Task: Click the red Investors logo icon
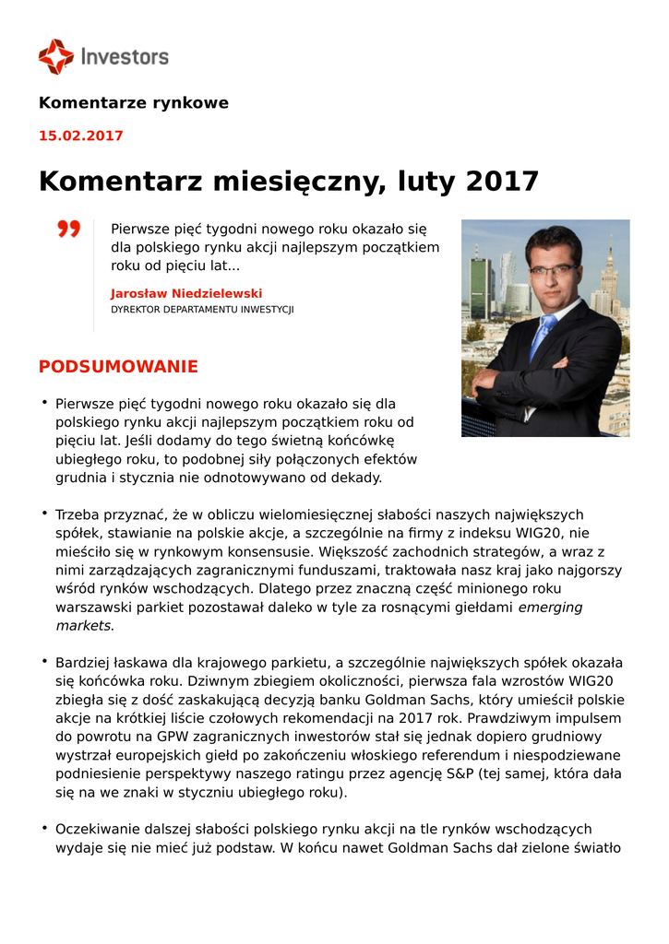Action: tap(55, 56)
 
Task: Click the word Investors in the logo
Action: tap(125, 57)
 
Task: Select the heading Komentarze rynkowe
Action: tap(134, 103)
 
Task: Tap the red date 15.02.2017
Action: tap(80, 136)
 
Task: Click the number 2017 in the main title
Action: tap(502, 181)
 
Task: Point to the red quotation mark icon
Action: tap(68, 229)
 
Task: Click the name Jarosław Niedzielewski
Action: tap(186, 293)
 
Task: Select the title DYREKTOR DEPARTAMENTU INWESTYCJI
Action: tap(202, 310)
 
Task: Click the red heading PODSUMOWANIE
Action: tap(118, 367)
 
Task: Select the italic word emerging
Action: tap(551, 607)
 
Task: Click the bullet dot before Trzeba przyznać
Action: tap(43, 513)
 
